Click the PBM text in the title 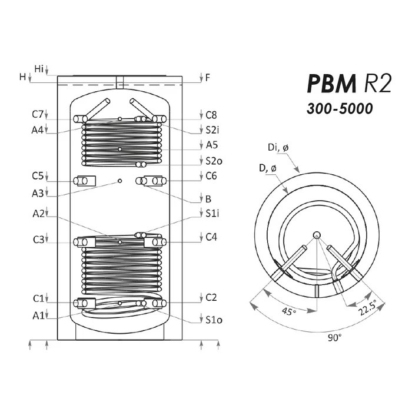point(331,84)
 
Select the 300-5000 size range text point(340,108)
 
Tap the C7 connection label point(37,114)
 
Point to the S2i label point(212,130)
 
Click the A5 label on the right point(212,145)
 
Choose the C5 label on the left point(38,175)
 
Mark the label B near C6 point(208,199)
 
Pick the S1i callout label point(212,214)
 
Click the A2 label point(39,214)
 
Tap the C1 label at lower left point(38,299)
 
